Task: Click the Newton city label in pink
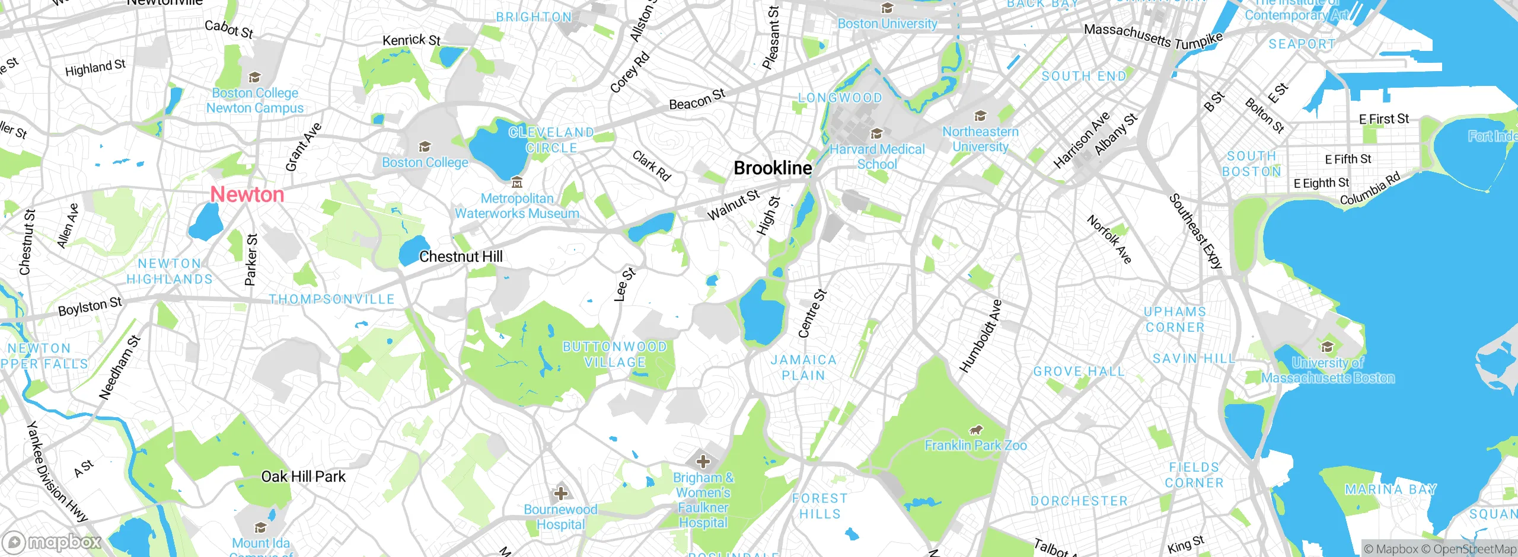click(x=247, y=194)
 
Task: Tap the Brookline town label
click(x=773, y=168)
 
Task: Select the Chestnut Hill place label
click(x=461, y=257)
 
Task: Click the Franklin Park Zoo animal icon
click(x=975, y=430)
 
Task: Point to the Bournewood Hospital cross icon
click(x=560, y=493)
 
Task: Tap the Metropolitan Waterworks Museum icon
click(x=517, y=182)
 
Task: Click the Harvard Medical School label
click(x=877, y=157)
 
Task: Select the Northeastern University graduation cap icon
click(x=980, y=116)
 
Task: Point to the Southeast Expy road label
click(x=1195, y=232)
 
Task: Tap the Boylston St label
click(x=90, y=306)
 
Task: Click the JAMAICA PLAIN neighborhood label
click(x=803, y=368)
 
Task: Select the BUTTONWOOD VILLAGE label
click(x=614, y=354)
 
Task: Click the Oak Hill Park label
click(x=303, y=477)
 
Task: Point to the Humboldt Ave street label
click(x=980, y=337)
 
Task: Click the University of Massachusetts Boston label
click(x=1328, y=370)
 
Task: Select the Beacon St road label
click(x=697, y=100)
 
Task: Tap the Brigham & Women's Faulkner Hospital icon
click(x=703, y=461)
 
